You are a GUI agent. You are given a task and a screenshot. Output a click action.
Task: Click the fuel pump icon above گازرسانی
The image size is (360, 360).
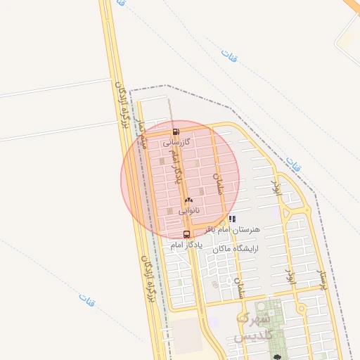tap(175, 131)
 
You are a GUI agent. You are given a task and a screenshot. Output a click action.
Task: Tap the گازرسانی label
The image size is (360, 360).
tap(176, 142)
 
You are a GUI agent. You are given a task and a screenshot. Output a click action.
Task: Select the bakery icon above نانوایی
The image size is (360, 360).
tap(188, 201)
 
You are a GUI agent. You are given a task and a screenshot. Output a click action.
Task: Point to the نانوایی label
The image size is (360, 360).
tap(188, 210)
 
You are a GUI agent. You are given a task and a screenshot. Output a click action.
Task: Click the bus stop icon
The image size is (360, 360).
tap(186, 234)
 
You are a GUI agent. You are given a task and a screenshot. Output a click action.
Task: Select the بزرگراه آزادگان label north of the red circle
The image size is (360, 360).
tap(123, 105)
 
